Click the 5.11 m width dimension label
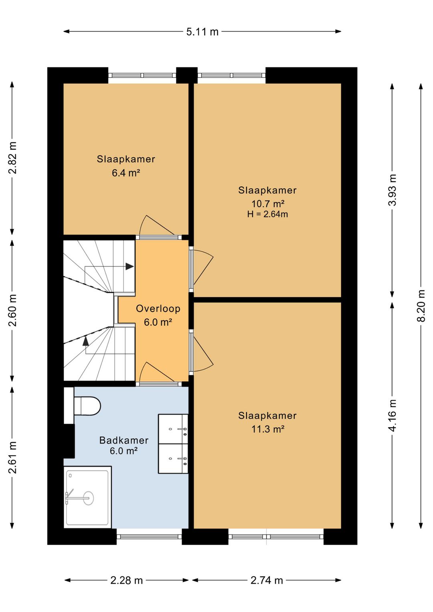tap(202, 32)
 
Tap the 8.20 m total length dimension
tap(421, 306)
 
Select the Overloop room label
tap(158, 308)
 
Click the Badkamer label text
tap(124, 440)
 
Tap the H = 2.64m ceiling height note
tap(267, 214)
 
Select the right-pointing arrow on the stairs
tap(129, 266)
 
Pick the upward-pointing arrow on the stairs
tap(85, 341)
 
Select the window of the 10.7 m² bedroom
tap(231, 75)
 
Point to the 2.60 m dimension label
tap(12, 310)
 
